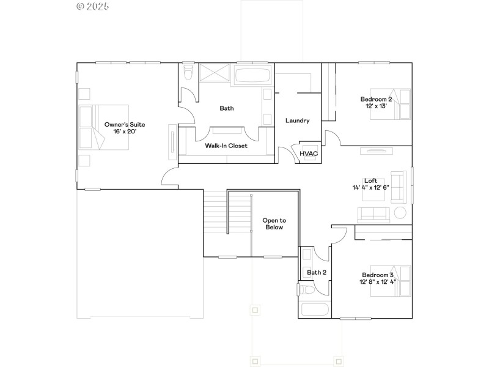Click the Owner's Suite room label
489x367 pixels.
125,124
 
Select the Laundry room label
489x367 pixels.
298,120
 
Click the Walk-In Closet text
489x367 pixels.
226,146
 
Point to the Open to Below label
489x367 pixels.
273,223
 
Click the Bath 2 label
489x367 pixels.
317,273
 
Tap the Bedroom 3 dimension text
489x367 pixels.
378,282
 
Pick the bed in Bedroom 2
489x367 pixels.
398,104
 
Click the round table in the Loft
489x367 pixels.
400,213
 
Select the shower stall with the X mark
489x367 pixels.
213,74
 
